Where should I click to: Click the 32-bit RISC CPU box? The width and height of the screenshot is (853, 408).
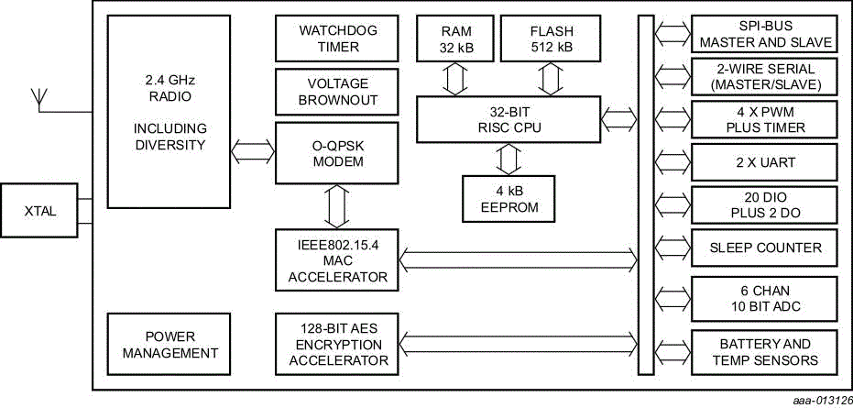pyautogui.click(x=505, y=119)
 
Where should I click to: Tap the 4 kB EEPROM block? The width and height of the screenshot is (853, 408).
pyautogui.click(x=507, y=198)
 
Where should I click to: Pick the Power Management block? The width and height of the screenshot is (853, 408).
pyautogui.click(x=166, y=344)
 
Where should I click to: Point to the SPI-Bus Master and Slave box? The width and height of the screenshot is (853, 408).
pyautogui.click(x=765, y=35)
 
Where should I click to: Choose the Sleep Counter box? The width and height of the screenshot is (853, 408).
pyautogui.click(x=765, y=247)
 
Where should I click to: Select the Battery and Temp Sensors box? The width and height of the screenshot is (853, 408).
pyautogui.click(x=765, y=352)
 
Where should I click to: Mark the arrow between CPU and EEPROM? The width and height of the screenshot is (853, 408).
pyautogui.click(x=507, y=159)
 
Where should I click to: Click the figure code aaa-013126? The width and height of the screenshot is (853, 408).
pyautogui.click(x=818, y=400)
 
